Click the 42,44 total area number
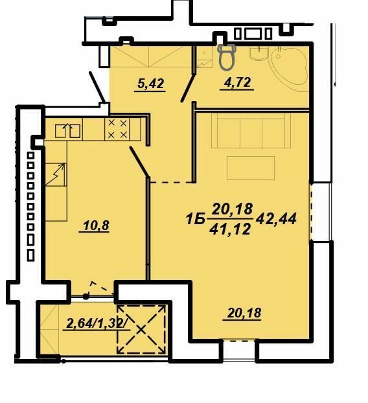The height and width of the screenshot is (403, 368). [277, 219]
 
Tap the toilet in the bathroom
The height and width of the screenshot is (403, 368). [227, 56]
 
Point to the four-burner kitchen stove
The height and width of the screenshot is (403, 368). [117, 129]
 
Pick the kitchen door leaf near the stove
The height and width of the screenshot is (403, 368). [139, 161]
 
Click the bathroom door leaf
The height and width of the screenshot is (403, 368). [188, 89]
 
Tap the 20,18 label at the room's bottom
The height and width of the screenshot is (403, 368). [245, 314]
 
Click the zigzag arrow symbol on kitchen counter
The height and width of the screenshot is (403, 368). [57, 174]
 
